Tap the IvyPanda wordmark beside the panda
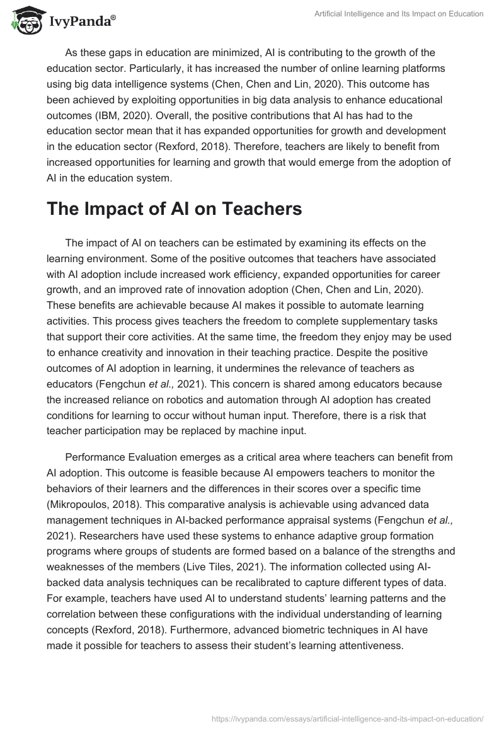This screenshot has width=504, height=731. coord(82,21)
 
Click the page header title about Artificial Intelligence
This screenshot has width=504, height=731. coord(399,13)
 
